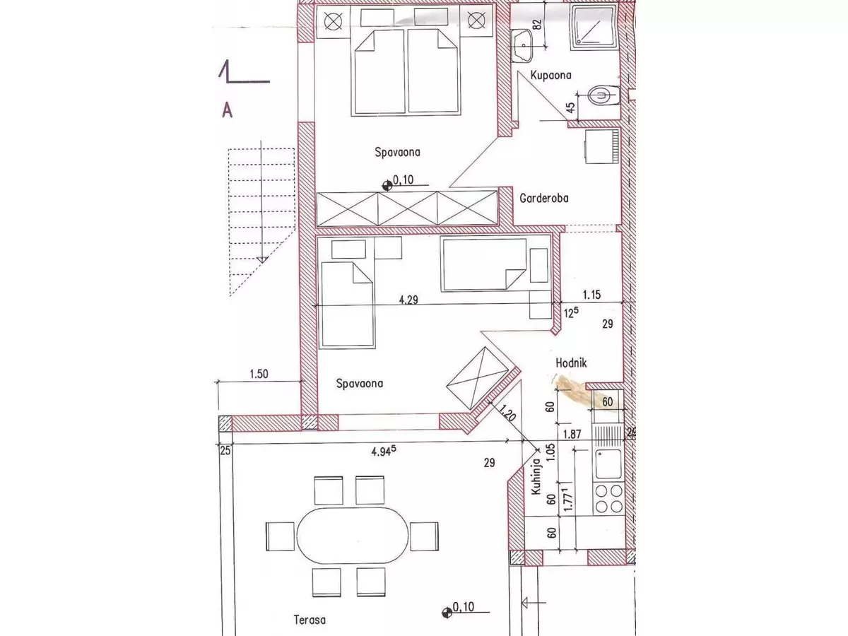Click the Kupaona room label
(x=550, y=75)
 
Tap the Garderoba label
(x=543, y=199)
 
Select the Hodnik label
(x=572, y=363)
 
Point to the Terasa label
(x=310, y=620)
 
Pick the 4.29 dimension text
(x=407, y=299)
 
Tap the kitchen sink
(x=608, y=465)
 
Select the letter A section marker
(x=227, y=110)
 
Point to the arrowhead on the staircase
(x=262, y=258)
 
